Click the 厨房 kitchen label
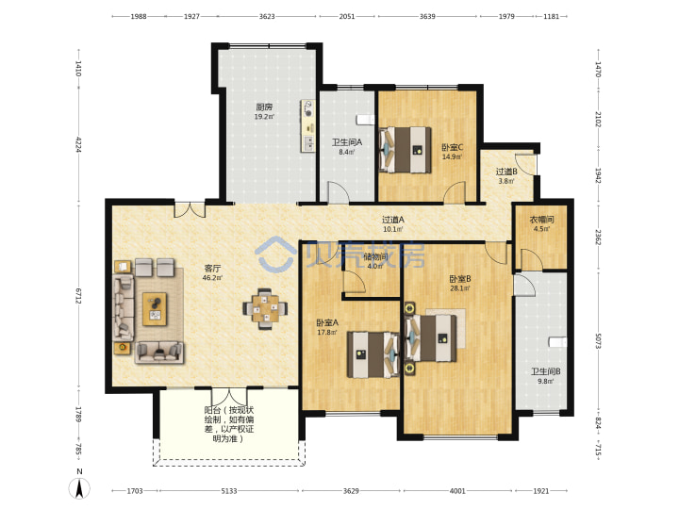point(264,107)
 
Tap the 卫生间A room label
point(347,142)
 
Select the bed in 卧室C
point(406,150)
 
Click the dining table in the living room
point(265,308)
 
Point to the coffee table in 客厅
point(155,308)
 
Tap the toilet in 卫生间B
point(557,342)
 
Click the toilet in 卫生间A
point(365,120)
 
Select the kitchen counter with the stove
point(307,125)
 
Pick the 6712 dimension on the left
point(78,295)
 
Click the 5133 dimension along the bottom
point(229,491)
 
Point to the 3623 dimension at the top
point(267,16)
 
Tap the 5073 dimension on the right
point(598,340)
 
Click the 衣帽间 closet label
point(541,220)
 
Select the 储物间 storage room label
point(375,256)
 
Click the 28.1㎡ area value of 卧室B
point(460,288)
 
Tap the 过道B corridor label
point(506,172)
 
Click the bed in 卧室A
point(373,354)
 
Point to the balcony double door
point(228,396)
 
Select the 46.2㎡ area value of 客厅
point(212,278)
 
